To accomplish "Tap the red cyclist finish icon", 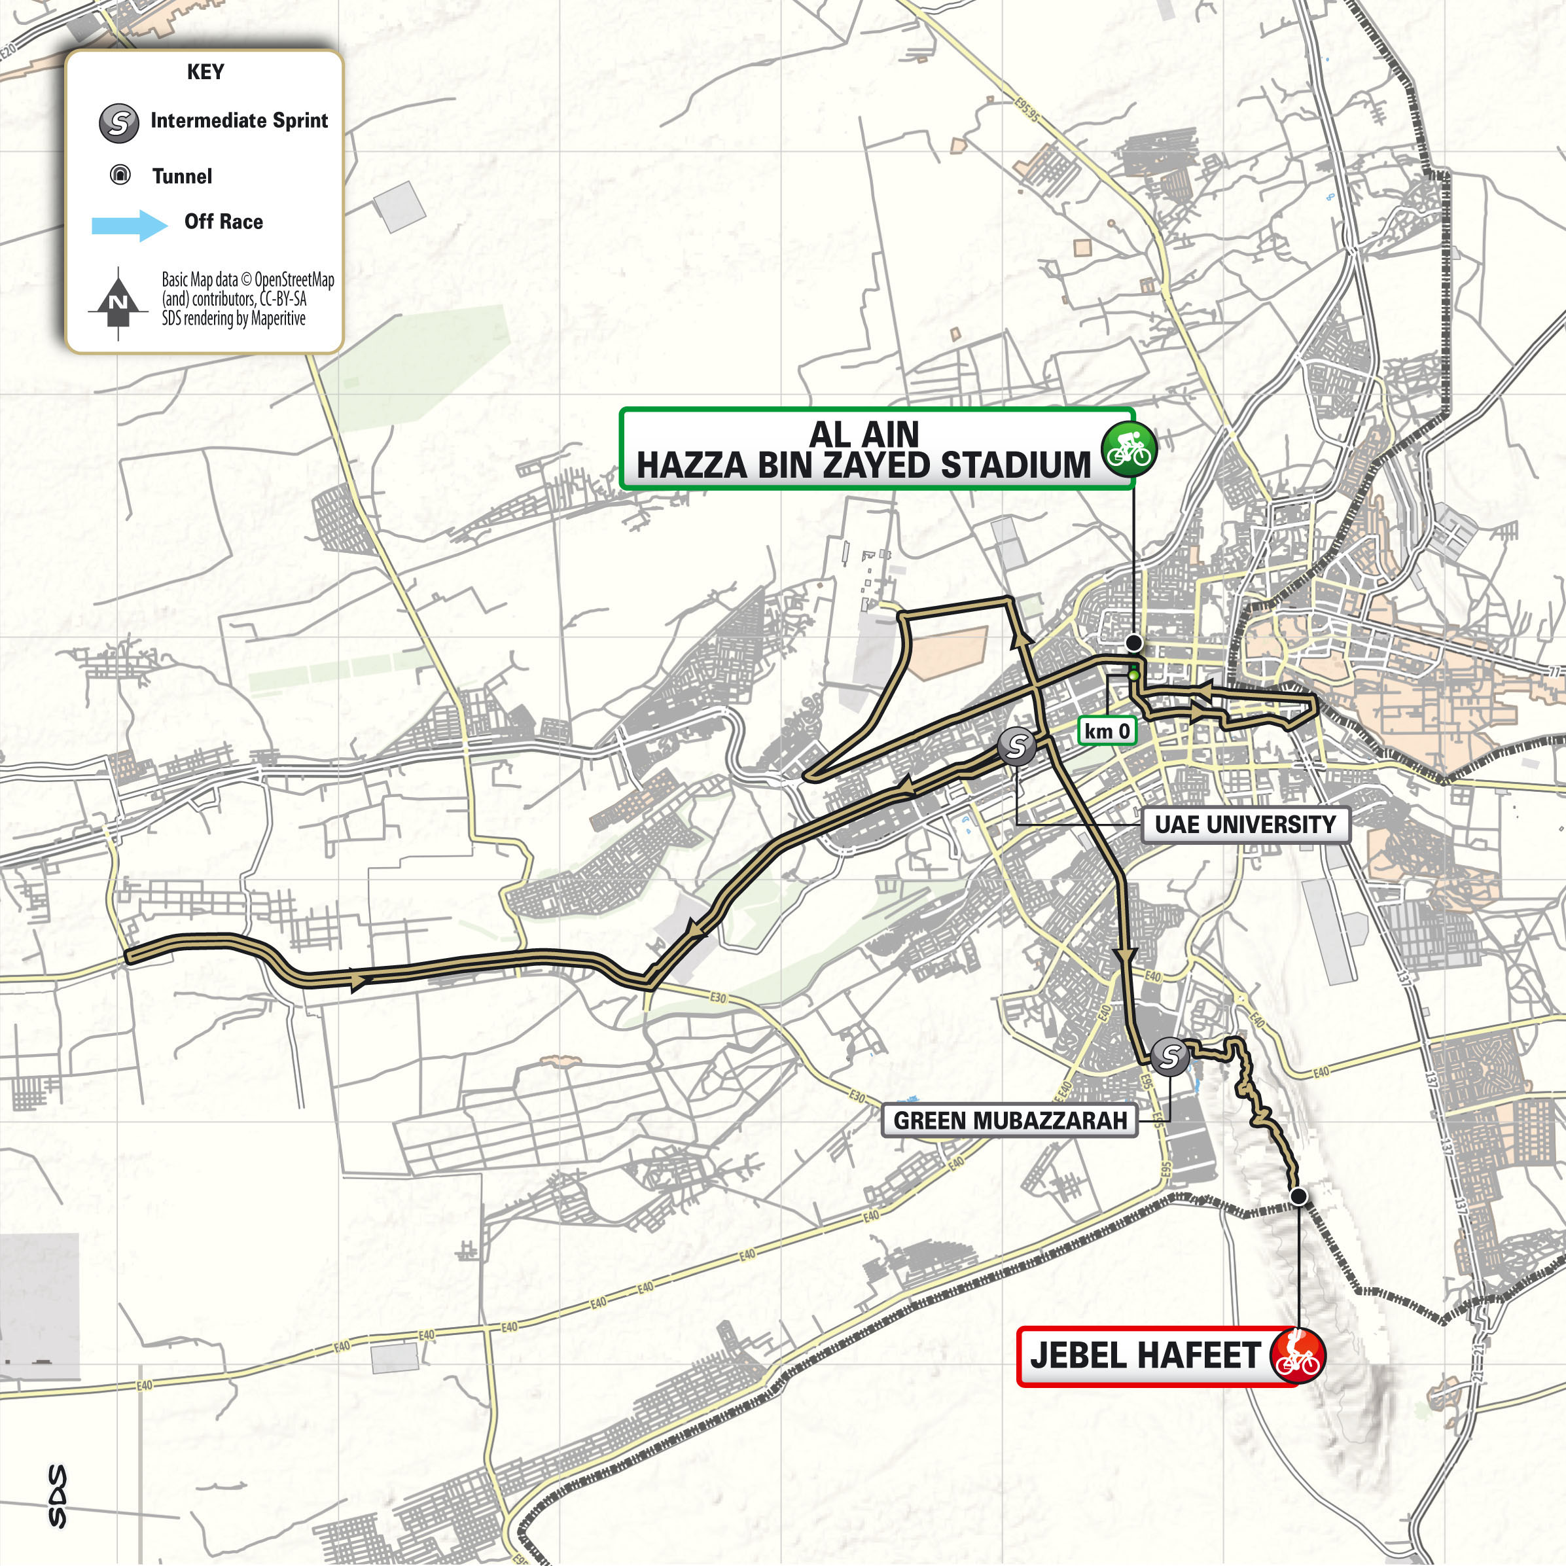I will [x=1297, y=1355].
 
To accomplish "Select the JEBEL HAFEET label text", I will [x=1145, y=1355].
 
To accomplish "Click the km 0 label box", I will [x=1107, y=731].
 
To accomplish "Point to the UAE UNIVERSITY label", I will [x=1245, y=825].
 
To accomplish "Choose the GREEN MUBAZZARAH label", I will [x=1010, y=1121].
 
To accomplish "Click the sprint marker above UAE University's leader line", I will [x=1016, y=745].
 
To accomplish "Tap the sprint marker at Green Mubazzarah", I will [x=1169, y=1056].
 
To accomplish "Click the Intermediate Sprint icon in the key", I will [x=118, y=123].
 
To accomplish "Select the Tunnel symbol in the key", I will [x=120, y=175].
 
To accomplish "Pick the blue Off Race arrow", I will [x=130, y=224].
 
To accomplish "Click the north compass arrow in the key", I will [x=118, y=301].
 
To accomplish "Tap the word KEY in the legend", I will [x=205, y=72].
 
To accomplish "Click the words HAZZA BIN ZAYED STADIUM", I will [x=863, y=466].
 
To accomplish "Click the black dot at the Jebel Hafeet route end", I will [x=1298, y=1196].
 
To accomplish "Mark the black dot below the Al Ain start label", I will [x=1135, y=643].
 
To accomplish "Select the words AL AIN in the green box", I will [x=864, y=434].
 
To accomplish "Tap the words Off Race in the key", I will [x=223, y=221].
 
